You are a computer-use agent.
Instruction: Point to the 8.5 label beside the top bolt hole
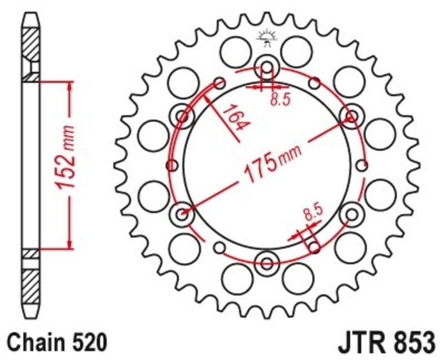point(280,100)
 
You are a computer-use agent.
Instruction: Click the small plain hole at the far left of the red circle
point(171,165)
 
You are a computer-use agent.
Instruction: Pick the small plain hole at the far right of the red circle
point(363,165)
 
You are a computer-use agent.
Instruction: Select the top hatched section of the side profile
point(31,45)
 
